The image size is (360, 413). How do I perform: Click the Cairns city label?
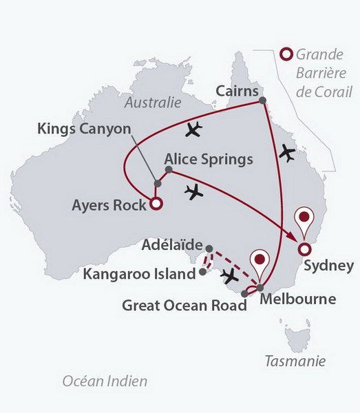point(237,90)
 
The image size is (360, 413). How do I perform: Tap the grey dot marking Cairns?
point(262,101)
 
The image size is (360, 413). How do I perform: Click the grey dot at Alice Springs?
point(168,169)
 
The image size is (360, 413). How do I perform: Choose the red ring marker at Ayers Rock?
point(156,204)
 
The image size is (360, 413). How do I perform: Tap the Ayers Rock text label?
point(109,204)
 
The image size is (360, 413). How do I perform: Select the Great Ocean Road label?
point(184,305)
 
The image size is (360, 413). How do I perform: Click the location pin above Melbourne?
point(260,262)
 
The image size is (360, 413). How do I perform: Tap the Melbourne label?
point(297,299)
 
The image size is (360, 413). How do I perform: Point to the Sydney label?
point(329,266)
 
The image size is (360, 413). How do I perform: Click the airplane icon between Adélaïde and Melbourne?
point(230,277)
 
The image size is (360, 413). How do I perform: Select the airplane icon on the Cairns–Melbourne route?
point(286,152)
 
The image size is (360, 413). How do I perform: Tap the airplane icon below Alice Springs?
point(195,192)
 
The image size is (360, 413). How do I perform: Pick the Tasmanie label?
point(295,361)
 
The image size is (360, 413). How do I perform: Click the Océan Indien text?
point(105,381)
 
